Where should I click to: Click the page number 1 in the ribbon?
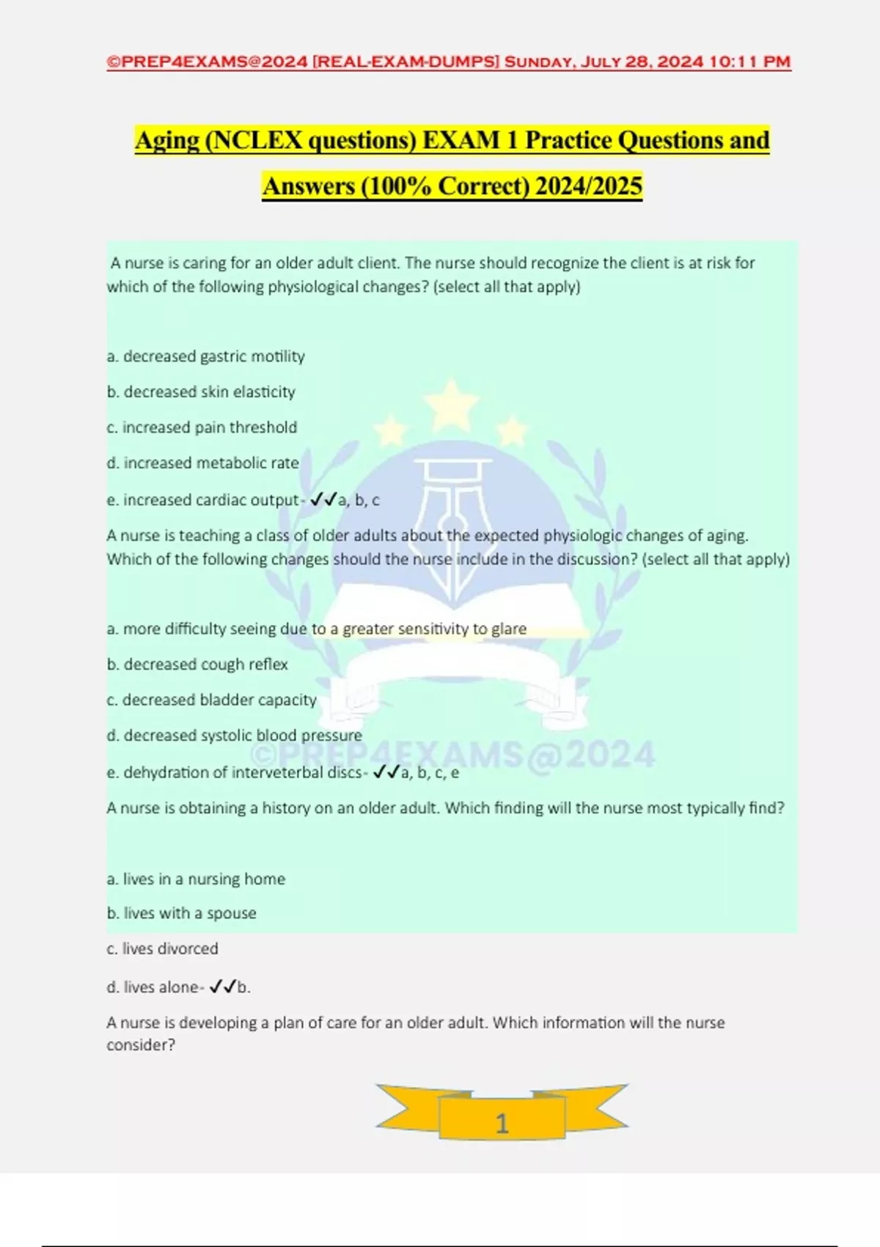[x=502, y=1123]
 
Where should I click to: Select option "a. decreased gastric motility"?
[x=205, y=356]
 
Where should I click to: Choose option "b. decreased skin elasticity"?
[x=201, y=392]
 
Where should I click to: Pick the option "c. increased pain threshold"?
[x=202, y=427]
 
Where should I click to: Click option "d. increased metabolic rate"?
[x=202, y=463]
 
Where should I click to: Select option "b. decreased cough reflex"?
[x=197, y=664]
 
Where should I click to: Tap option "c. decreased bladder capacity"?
[x=211, y=700]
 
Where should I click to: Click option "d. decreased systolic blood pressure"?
[x=234, y=735]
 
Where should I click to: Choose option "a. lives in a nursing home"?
[x=196, y=879]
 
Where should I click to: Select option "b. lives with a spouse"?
[x=181, y=913]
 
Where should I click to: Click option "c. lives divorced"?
[x=162, y=948]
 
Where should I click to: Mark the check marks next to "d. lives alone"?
[x=221, y=987]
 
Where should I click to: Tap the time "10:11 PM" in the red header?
[x=749, y=62]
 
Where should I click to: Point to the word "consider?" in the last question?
[x=141, y=1045]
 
